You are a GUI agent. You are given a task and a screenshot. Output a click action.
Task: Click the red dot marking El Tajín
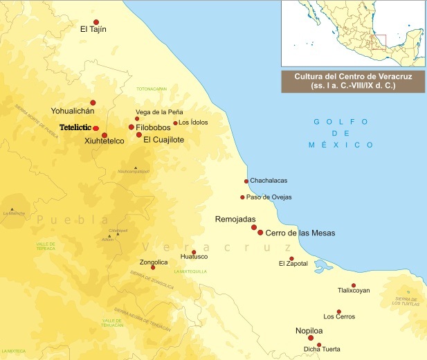point(96,23)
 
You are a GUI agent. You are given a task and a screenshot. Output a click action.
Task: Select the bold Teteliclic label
point(76,128)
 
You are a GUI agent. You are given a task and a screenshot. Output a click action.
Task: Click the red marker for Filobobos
point(131,127)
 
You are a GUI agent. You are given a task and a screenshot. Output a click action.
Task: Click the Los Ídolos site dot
point(176,123)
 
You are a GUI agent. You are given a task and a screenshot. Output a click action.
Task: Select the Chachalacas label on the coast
point(269,181)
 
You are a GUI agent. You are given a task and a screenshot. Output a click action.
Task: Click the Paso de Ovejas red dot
point(242,197)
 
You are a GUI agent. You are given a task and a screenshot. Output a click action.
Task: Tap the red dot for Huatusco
point(194,252)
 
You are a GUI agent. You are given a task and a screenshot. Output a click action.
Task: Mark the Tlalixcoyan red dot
point(354,285)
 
